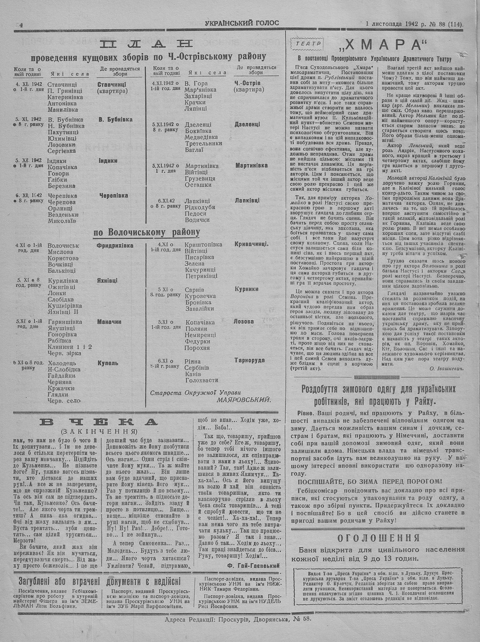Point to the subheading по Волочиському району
(x=146, y=233)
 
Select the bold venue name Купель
(x=108, y=363)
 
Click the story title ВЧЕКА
(x=99, y=422)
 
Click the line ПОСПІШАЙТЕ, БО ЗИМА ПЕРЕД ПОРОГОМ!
(x=370, y=481)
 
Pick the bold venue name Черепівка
(x=113, y=195)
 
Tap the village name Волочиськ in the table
(x=63, y=246)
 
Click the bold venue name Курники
(x=247, y=289)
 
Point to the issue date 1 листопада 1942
(x=392, y=23)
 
